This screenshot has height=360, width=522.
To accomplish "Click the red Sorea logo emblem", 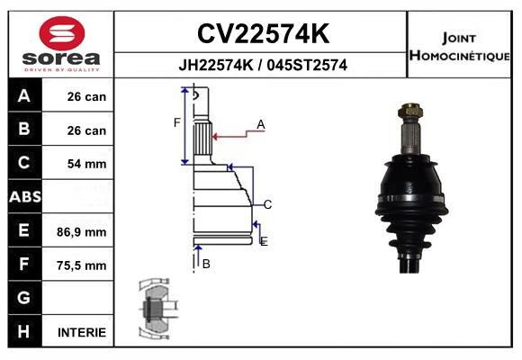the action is click(62, 33).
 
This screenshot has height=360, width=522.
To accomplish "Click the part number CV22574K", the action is click(264, 33).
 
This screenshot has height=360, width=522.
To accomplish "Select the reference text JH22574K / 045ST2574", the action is click(263, 65).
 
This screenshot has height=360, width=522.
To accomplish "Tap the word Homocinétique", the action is click(459, 56).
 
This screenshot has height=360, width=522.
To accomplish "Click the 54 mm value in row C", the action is click(87, 164).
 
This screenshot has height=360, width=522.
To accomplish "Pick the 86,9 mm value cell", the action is click(82, 232).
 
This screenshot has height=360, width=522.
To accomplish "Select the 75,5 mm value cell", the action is click(82, 265).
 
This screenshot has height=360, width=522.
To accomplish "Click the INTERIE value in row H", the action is click(82, 332).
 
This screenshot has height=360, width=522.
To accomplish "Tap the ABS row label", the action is click(25, 196).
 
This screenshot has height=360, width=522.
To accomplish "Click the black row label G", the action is click(24, 297).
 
